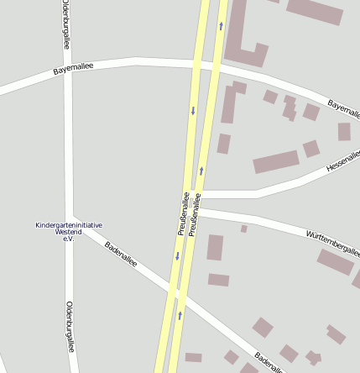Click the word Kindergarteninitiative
[x=69, y=225]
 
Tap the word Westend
[x=69, y=232]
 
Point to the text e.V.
[x=69, y=239]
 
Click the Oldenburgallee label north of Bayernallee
[x=65, y=25]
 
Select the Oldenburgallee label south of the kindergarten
[x=70, y=325]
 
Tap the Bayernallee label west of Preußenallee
[x=74, y=68]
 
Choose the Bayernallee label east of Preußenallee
[x=343, y=107]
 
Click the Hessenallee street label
[x=342, y=160]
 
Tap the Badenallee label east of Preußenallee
[x=270, y=360]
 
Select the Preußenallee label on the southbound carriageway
[x=183, y=213]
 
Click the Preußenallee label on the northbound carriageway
[x=196, y=213]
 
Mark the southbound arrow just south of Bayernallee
[x=193, y=110]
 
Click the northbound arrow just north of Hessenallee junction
[x=201, y=171]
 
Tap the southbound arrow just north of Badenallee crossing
[x=177, y=256]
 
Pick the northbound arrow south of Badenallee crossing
[x=180, y=316]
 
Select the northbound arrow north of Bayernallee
[x=221, y=26]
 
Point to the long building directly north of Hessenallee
[x=276, y=161]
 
